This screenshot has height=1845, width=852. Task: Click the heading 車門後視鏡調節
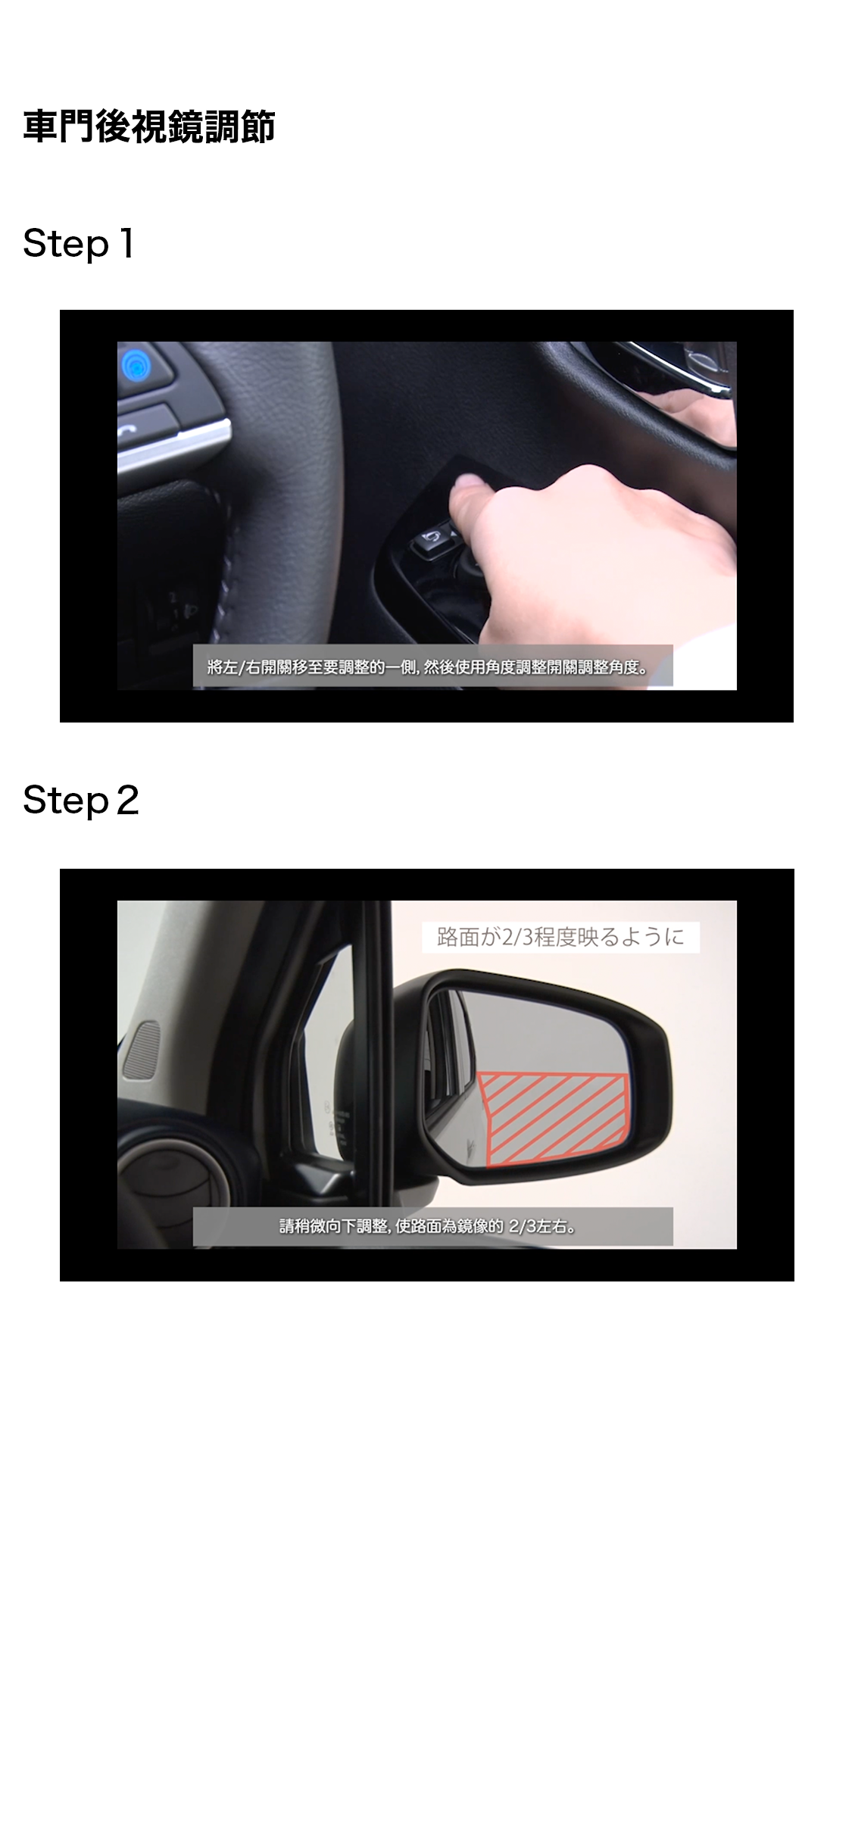[148, 126]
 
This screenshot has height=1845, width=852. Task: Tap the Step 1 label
[79, 244]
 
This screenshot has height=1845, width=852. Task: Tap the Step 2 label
[81, 801]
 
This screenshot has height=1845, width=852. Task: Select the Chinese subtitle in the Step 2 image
[428, 1226]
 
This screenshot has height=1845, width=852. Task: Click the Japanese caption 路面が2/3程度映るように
[560, 937]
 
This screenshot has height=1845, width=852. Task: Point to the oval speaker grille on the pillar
[142, 1050]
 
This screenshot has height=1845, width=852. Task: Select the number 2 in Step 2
[128, 801]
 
